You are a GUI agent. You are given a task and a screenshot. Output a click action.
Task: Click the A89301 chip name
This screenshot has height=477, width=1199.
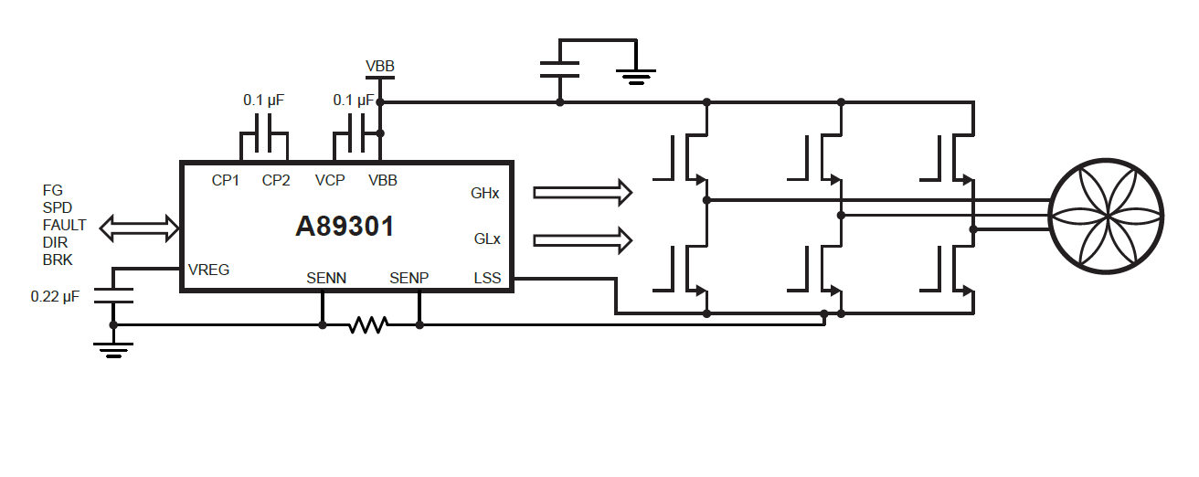point(345,226)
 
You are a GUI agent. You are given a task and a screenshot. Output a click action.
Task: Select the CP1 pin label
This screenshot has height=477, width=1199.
point(225,181)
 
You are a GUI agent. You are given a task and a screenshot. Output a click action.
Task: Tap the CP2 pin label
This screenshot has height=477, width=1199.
point(276,181)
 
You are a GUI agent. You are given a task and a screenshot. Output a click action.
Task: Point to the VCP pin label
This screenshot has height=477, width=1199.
point(330,181)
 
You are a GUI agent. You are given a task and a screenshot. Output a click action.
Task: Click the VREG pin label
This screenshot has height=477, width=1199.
point(208,270)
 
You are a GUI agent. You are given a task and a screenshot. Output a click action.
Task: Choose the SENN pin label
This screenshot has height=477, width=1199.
point(326,278)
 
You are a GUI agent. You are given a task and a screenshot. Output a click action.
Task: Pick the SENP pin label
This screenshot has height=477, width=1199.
point(409,278)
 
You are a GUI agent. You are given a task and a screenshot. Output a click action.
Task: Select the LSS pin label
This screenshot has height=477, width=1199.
point(487,278)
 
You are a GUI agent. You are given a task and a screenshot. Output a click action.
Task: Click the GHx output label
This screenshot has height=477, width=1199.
point(485,194)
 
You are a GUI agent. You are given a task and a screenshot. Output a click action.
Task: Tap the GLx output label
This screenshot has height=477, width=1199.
point(486,239)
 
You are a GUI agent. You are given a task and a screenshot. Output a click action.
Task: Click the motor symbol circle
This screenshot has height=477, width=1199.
point(1106,217)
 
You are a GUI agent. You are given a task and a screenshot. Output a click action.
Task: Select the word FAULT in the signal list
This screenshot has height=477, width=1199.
point(64,225)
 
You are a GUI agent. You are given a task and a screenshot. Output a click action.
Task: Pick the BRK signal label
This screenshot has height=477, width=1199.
point(57,260)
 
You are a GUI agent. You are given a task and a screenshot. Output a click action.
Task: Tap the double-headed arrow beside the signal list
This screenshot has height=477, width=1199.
point(139,228)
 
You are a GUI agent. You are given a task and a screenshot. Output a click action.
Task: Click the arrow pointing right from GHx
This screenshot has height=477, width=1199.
point(582,193)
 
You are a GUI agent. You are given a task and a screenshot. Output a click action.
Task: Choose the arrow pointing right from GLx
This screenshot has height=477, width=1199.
point(582,239)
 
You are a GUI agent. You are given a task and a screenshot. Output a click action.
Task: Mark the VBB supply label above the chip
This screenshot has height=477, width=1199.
point(380,67)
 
